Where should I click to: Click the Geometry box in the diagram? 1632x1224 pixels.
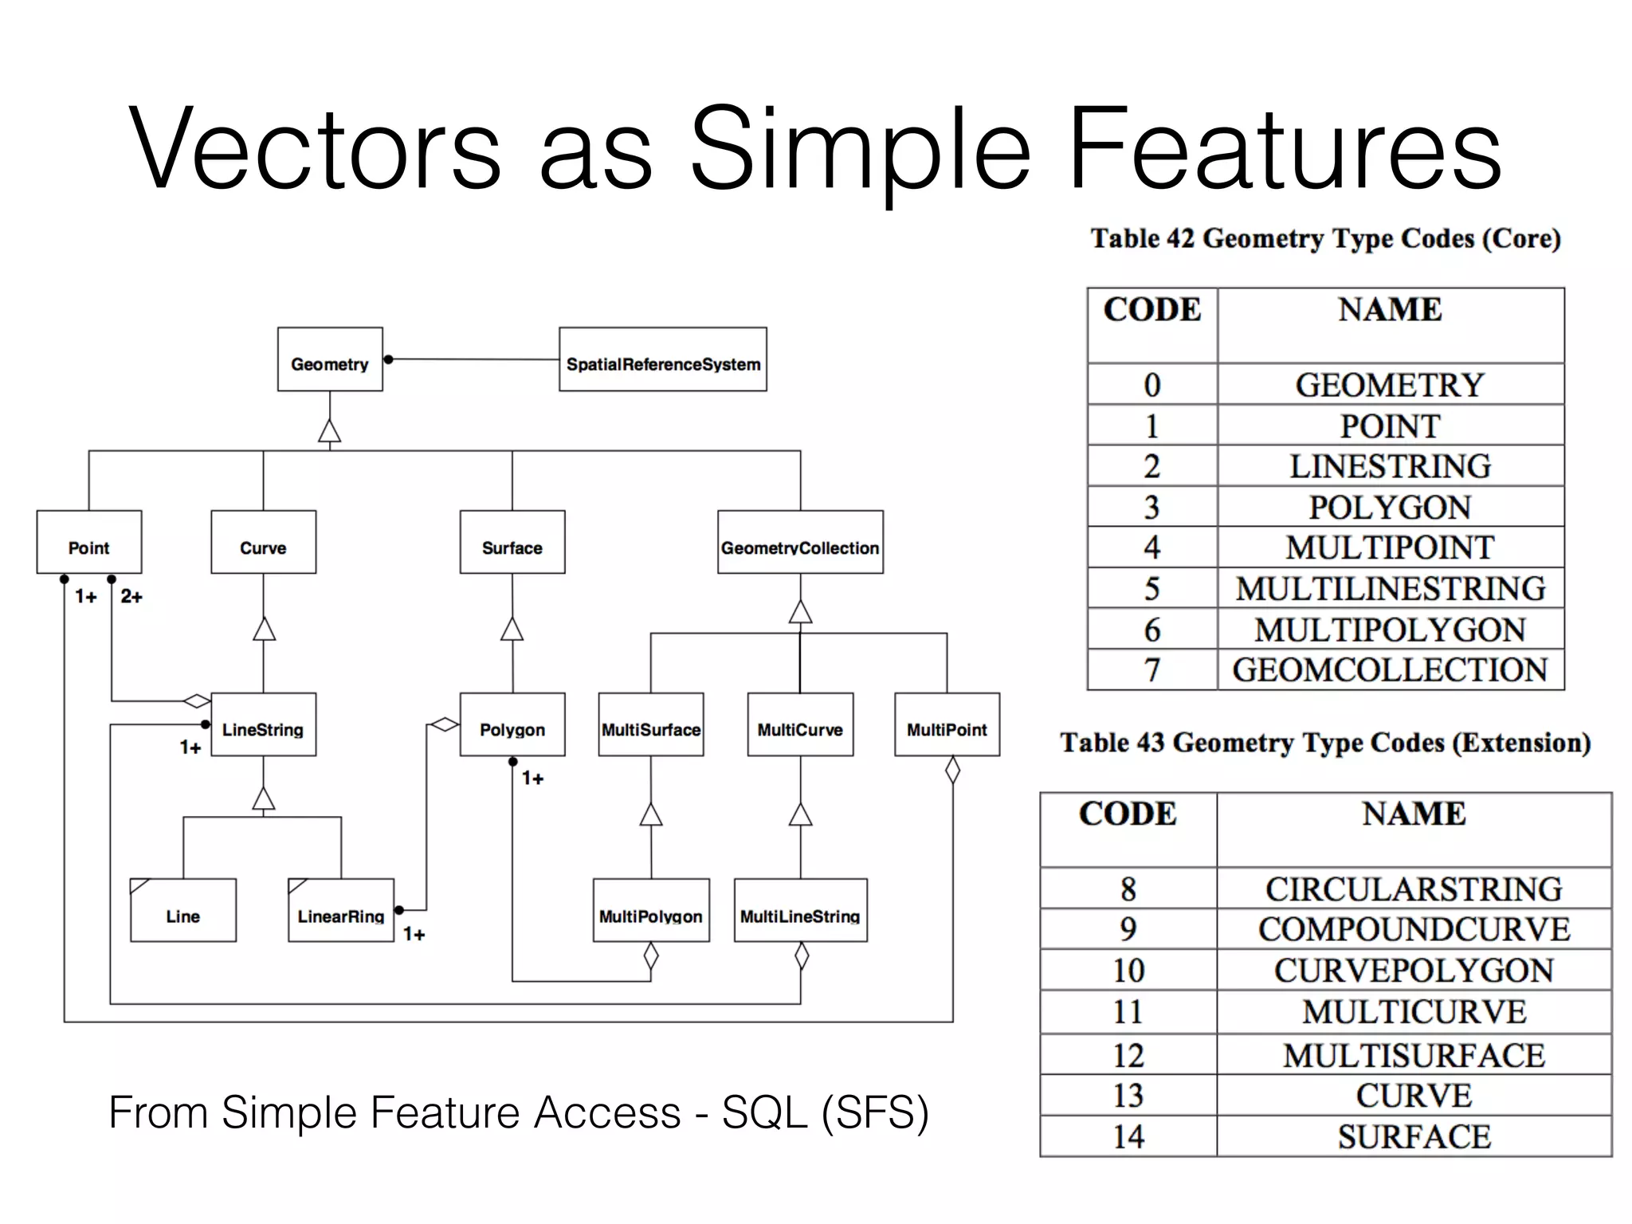pyautogui.click(x=330, y=360)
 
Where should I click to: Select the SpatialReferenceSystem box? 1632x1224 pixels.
pyautogui.click(x=663, y=360)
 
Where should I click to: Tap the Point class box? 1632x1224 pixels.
pyautogui.click(x=89, y=543)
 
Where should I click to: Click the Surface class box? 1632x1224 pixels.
pyautogui.click(x=512, y=543)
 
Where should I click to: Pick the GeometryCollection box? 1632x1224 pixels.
pyautogui.click(x=800, y=543)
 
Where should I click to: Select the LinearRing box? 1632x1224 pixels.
pyautogui.click(x=341, y=912)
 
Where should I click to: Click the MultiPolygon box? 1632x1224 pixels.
pyautogui.click(x=651, y=912)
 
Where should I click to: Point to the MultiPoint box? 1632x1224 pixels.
pyautogui.click(x=947, y=726)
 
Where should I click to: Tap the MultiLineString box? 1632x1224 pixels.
pyautogui.click(x=800, y=912)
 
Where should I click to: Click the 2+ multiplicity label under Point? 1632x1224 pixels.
pyautogui.click(x=131, y=597)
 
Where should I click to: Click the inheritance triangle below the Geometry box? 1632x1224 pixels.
pyautogui.click(x=330, y=431)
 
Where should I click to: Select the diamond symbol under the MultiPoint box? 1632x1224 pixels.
pyautogui.click(x=952, y=770)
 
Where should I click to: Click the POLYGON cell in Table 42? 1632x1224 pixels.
pyautogui.click(x=1390, y=508)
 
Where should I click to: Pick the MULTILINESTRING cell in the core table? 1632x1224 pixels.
pyautogui.click(x=1390, y=589)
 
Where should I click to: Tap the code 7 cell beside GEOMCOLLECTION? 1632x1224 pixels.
pyautogui.click(x=1152, y=670)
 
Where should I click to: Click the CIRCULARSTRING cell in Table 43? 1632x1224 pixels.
pyautogui.click(x=1414, y=889)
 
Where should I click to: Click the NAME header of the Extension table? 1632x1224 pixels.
pyautogui.click(x=1414, y=814)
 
